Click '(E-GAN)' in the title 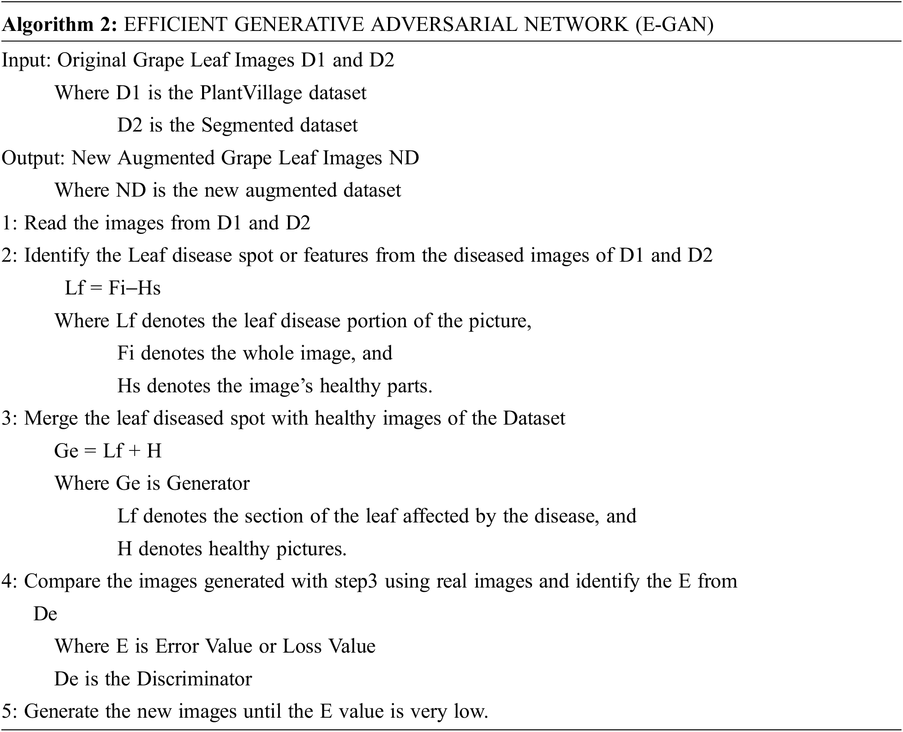click(674, 24)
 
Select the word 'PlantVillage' click(251, 93)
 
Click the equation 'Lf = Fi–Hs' click(113, 288)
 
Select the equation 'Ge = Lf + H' click(108, 451)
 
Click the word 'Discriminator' click(194, 679)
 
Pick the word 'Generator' click(208, 484)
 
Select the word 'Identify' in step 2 click(56, 256)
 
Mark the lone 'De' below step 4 click(45, 614)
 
